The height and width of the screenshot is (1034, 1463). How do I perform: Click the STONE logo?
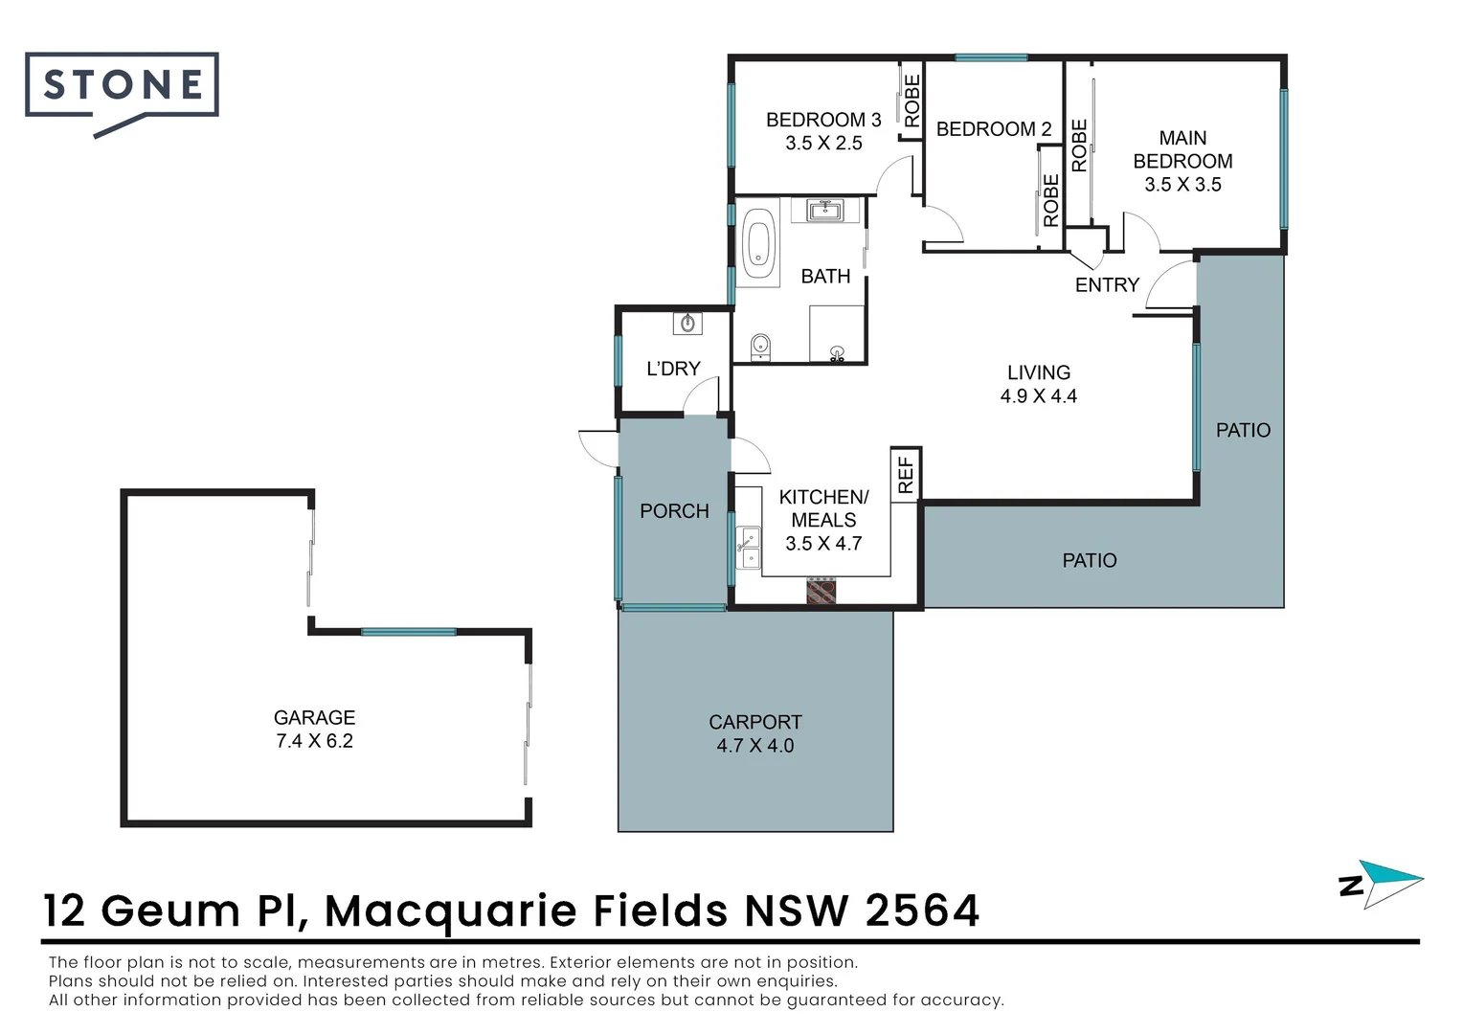pos(123,86)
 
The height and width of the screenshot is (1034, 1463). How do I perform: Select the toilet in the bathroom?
pos(760,346)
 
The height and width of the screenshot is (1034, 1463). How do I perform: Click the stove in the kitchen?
pos(821,591)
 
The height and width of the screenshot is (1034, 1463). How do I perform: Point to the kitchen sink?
pos(748,548)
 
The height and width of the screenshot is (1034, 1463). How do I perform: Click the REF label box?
pos(906,474)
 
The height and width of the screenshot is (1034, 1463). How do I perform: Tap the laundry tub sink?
pos(687,324)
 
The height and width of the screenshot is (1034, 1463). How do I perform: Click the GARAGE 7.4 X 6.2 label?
pos(314,729)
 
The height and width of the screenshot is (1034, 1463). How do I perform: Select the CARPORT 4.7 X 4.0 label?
pos(754,733)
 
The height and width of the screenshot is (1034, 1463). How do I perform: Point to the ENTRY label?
pos(1107,284)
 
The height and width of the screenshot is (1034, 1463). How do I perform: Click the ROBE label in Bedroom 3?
pos(912,100)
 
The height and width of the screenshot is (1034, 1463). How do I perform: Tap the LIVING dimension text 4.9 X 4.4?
pos(1038,396)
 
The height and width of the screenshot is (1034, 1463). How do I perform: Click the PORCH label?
pos(674,511)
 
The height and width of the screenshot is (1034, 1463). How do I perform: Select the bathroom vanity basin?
pos(824,210)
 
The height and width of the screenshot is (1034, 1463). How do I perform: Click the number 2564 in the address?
pos(922,910)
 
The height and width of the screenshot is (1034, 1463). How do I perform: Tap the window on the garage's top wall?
pos(408,632)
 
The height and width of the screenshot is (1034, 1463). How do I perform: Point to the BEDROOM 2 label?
pos(993,129)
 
